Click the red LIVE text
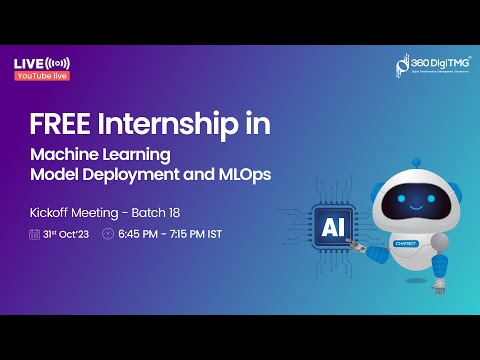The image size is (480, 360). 26,63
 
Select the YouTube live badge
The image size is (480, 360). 41,75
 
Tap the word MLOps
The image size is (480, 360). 243,174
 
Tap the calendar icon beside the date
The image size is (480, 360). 36,235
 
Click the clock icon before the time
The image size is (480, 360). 108,235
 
